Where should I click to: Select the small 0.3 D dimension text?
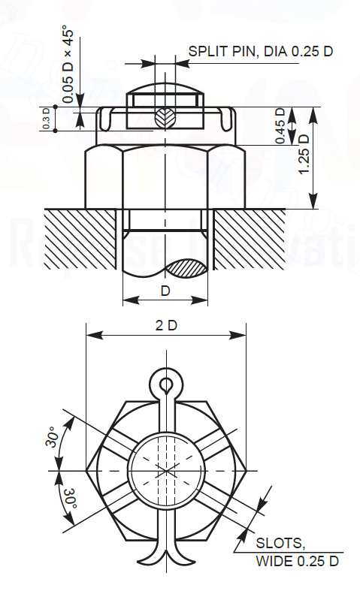pos(46,119)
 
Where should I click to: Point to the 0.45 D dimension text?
pos(280,126)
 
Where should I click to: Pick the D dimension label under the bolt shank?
pos(165,290)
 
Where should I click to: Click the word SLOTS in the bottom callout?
pos(280,543)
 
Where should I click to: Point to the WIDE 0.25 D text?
pos(297,561)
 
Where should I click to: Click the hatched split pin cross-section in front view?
pos(165,118)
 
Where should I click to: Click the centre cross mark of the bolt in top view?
pos(165,471)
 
